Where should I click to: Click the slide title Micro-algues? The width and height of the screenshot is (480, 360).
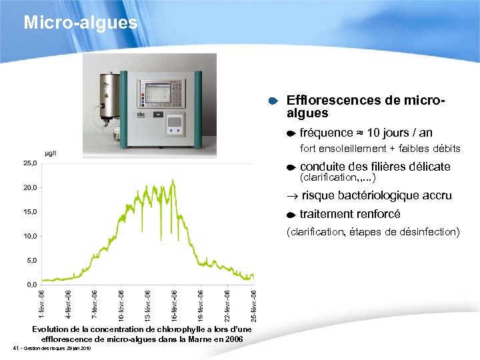tap(80, 23)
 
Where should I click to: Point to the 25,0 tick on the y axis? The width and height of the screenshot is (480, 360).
tap(31, 163)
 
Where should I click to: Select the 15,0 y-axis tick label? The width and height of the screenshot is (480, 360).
tap(31, 212)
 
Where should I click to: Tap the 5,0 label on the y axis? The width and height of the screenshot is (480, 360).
tap(32, 261)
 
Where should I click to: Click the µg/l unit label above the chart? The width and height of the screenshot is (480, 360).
tap(50, 153)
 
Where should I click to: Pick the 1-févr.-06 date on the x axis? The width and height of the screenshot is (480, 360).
tap(42, 303)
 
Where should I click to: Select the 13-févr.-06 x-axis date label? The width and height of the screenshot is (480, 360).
tap(148, 303)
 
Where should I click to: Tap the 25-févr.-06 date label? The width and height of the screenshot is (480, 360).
tap(253, 303)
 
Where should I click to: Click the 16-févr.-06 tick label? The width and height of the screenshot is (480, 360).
tap(175, 303)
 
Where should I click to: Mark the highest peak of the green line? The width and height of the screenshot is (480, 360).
tap(173, 180)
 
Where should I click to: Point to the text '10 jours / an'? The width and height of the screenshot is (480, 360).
tap(399, 133)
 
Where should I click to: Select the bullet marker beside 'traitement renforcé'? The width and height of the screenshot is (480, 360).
tap(291, 215)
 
